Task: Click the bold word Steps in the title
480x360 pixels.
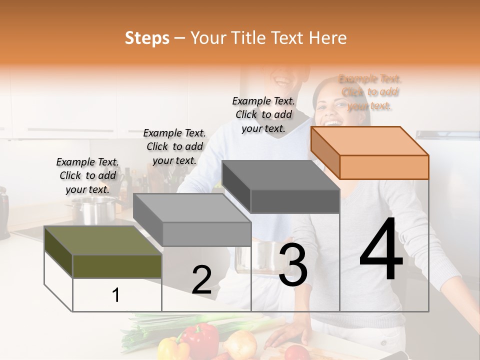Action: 147,38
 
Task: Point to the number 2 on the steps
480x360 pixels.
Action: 201,280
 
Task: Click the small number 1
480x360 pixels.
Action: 116,295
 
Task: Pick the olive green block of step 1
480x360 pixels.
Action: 102,252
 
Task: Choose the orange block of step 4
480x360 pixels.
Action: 370,152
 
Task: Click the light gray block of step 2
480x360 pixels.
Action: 192,220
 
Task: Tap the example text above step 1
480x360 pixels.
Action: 87,175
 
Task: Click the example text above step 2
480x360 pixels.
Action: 174,146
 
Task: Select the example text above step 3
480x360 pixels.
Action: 263,114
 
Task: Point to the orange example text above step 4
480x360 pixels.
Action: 370,92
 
